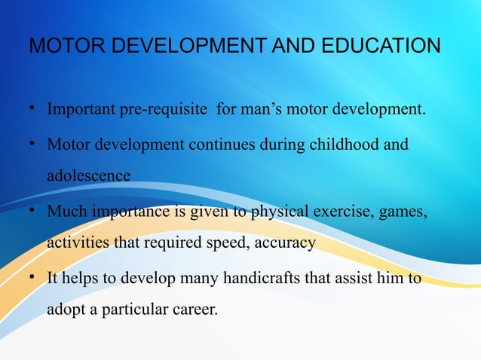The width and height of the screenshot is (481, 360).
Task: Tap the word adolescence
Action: point(88,175)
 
